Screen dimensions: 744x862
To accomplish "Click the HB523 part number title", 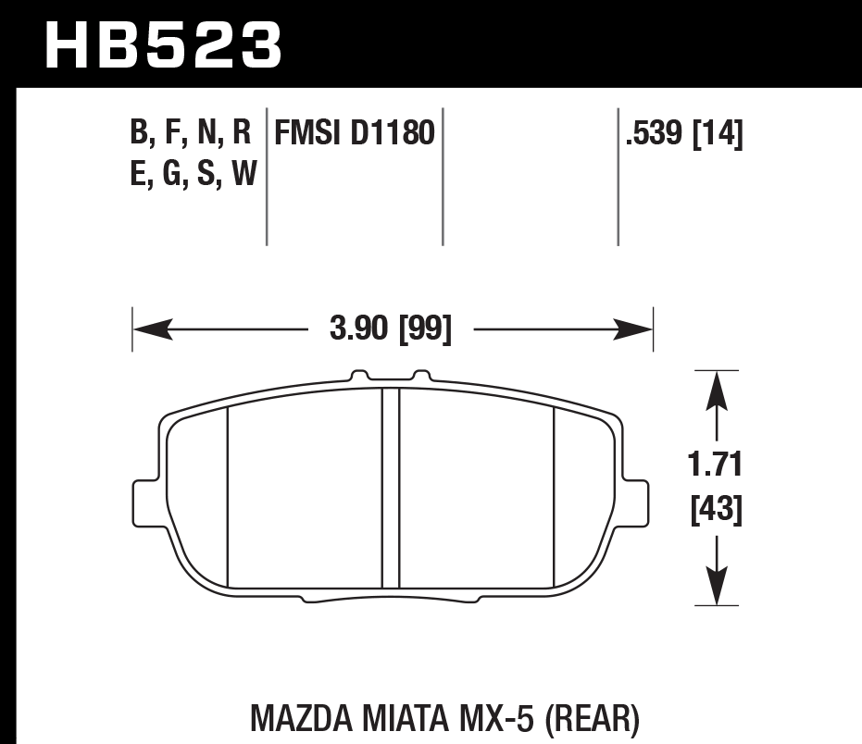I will pos(163,43).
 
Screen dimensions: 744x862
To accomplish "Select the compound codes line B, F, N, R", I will pos(192,135).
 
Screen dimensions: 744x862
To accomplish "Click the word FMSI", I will pos(308,135).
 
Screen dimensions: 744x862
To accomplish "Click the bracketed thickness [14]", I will pos(718,135).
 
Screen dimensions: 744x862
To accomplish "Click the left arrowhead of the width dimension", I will pos(149,329).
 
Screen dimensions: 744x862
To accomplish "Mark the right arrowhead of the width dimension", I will pos(638,329).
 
